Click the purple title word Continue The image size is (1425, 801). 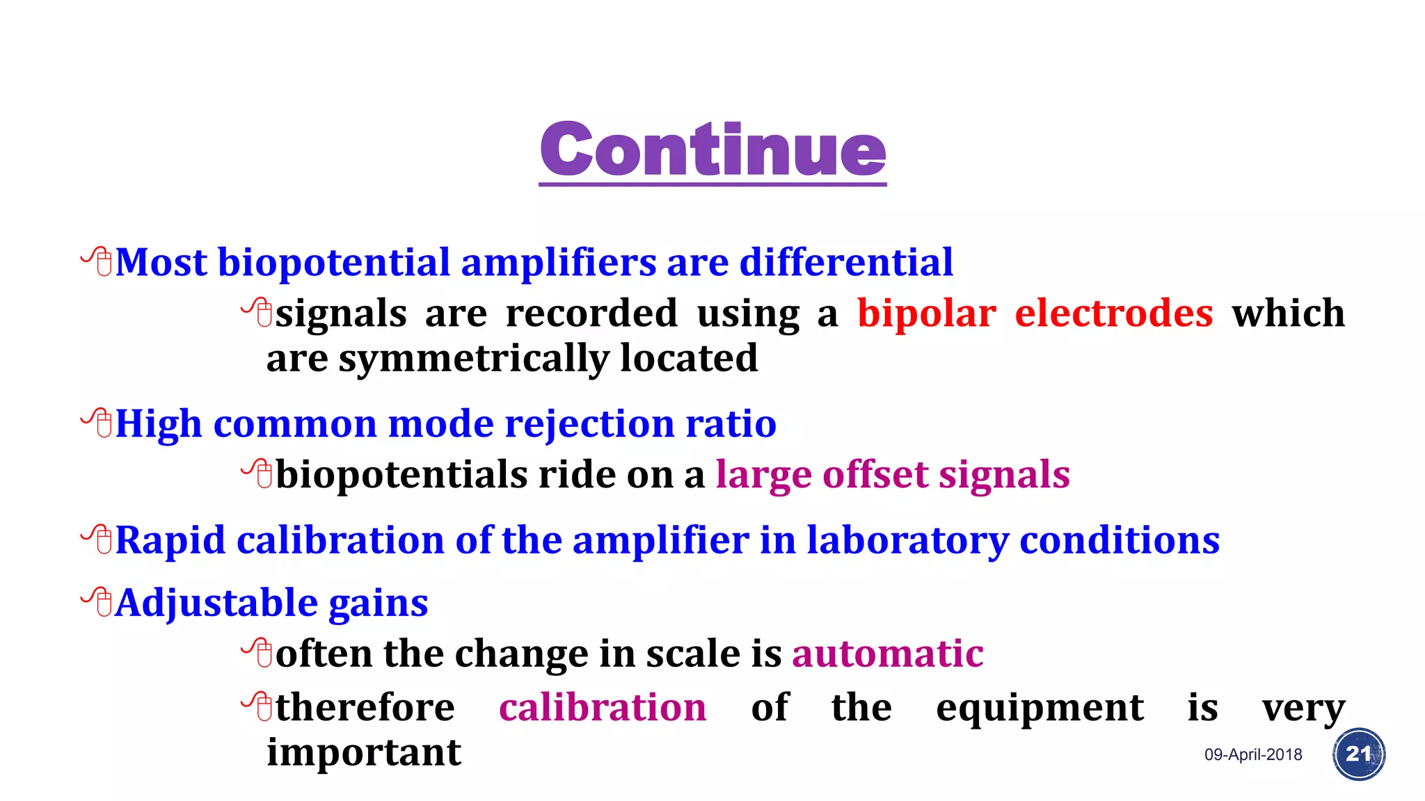[712, 149]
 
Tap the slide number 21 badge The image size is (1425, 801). [1358, 754]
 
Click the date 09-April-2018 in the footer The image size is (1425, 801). [1253, 754]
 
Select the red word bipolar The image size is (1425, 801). [926, 314]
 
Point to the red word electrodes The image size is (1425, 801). [1113, 313]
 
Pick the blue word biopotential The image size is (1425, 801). [334, 263]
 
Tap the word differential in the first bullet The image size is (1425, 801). [845, 263]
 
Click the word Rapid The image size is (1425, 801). [170, 541]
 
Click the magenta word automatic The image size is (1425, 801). [887, 654]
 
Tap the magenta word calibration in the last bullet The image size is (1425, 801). [603, 708]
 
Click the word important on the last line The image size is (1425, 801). [364, 753]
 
